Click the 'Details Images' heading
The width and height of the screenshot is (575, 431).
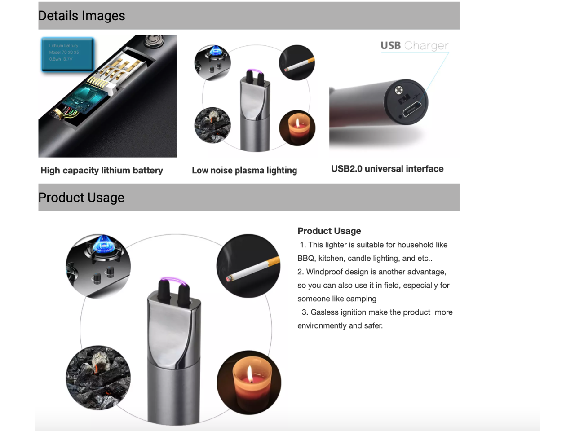click(82, 16)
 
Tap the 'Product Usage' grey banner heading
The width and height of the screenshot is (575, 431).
click(81, 198)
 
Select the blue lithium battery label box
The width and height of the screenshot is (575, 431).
click(67, 54)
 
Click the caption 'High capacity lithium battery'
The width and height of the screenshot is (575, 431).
click(102, 170)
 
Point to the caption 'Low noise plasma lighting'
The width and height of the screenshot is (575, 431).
click(244, 170)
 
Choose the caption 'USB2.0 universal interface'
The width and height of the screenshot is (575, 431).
click(387, 169)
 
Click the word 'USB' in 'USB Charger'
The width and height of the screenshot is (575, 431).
click(390, 45)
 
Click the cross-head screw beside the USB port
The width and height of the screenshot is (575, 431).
click(398, 90)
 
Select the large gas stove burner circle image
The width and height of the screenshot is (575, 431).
click(98, 266)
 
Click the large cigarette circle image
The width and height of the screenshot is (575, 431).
click(248, 266)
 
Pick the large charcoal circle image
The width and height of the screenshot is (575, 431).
click(98, 377)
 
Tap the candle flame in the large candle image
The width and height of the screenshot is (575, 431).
click(249, 374)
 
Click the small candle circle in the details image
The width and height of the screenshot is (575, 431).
click(297, 128)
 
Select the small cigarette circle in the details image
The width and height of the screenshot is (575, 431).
click(296, 62)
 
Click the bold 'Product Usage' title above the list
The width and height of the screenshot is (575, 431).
click(329, 231)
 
